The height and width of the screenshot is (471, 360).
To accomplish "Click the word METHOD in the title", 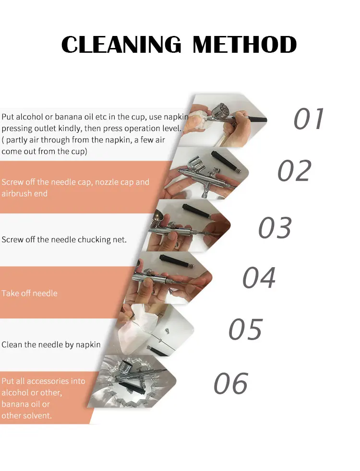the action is point(245,45).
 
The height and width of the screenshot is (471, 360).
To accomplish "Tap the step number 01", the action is point(309,118).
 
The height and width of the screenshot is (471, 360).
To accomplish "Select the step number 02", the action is point(294,171).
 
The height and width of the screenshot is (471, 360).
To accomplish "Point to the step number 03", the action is point(275,227).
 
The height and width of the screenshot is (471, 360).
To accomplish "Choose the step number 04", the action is point(259,277).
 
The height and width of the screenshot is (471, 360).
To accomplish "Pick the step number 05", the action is point(245,329).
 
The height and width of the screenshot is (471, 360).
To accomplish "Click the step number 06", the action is point(231,383).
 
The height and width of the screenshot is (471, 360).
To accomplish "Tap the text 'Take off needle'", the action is point(29,293).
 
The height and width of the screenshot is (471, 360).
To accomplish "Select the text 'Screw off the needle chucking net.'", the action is point(64,239).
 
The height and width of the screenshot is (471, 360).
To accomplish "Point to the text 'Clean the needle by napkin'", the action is point(51,344).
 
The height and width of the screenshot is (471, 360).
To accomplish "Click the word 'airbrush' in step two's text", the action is point(16,193).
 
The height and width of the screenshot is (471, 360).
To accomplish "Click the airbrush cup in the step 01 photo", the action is point(221,110).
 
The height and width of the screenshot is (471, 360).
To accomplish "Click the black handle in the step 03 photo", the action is point(197,212).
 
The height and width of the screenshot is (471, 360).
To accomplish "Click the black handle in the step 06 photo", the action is point(132,388).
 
